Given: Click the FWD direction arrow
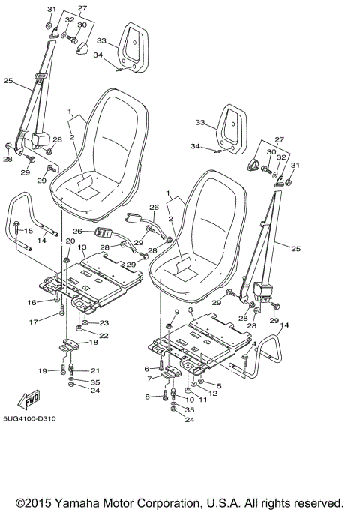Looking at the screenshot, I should [28, 400].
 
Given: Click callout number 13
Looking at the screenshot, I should [82, 247].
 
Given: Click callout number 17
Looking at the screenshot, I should [33, 323].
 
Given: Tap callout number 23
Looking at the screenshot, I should [104, 323].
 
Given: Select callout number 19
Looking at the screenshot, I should [42, 370].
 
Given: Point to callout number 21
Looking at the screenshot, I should [94, 370].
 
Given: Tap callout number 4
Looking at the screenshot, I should [254, 344].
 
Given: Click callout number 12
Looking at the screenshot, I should [212, 394].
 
